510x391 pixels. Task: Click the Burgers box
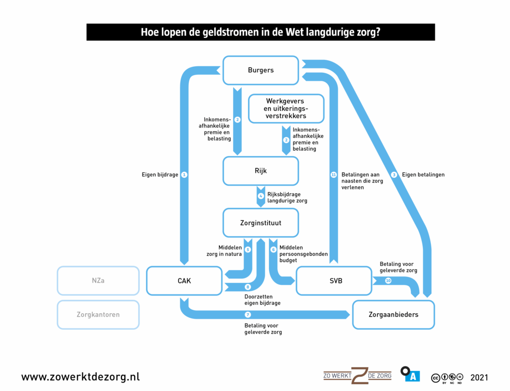pyautogui.click(x=260, y=70)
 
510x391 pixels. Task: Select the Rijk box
pyautogui.click(x=260, y=171)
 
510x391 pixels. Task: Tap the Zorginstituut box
pyautogui.click(x=260, y=223)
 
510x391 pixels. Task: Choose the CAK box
pyautogui.click(x=184, y=281)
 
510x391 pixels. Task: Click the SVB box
pyautogui.click(x=333, y=281)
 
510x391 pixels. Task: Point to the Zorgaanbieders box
pyautogui.click(x=393, y=315)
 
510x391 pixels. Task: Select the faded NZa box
pyautogui.click(x=98, y=281)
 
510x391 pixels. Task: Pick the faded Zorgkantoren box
pyautogui.click(x=98, y=315)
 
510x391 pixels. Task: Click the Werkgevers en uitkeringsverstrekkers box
pyautogui.click(x=286, y=109)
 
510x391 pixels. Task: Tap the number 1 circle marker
pyautogui.click(x=184, y=175)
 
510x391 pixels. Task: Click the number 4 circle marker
pyautogui.click(x=260, y=196)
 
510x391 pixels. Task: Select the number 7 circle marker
pyautogui.click(x=248, y=315)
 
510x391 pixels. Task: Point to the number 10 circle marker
pyautogui.click(x=388, y=281)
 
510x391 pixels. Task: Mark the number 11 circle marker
pyautogui.click(x=334, y=175)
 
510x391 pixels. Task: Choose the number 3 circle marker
pyautogui.click(x=394, y=175)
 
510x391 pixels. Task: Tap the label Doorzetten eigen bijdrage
pyautogui.click(x=262, y=299)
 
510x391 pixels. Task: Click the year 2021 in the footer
pyautogui.click(x=479, y=377)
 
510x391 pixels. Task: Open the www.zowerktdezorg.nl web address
pyautogui.click(x=80, y=377)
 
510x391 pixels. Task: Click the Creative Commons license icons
pyautogui.click(x=447, y=378)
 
